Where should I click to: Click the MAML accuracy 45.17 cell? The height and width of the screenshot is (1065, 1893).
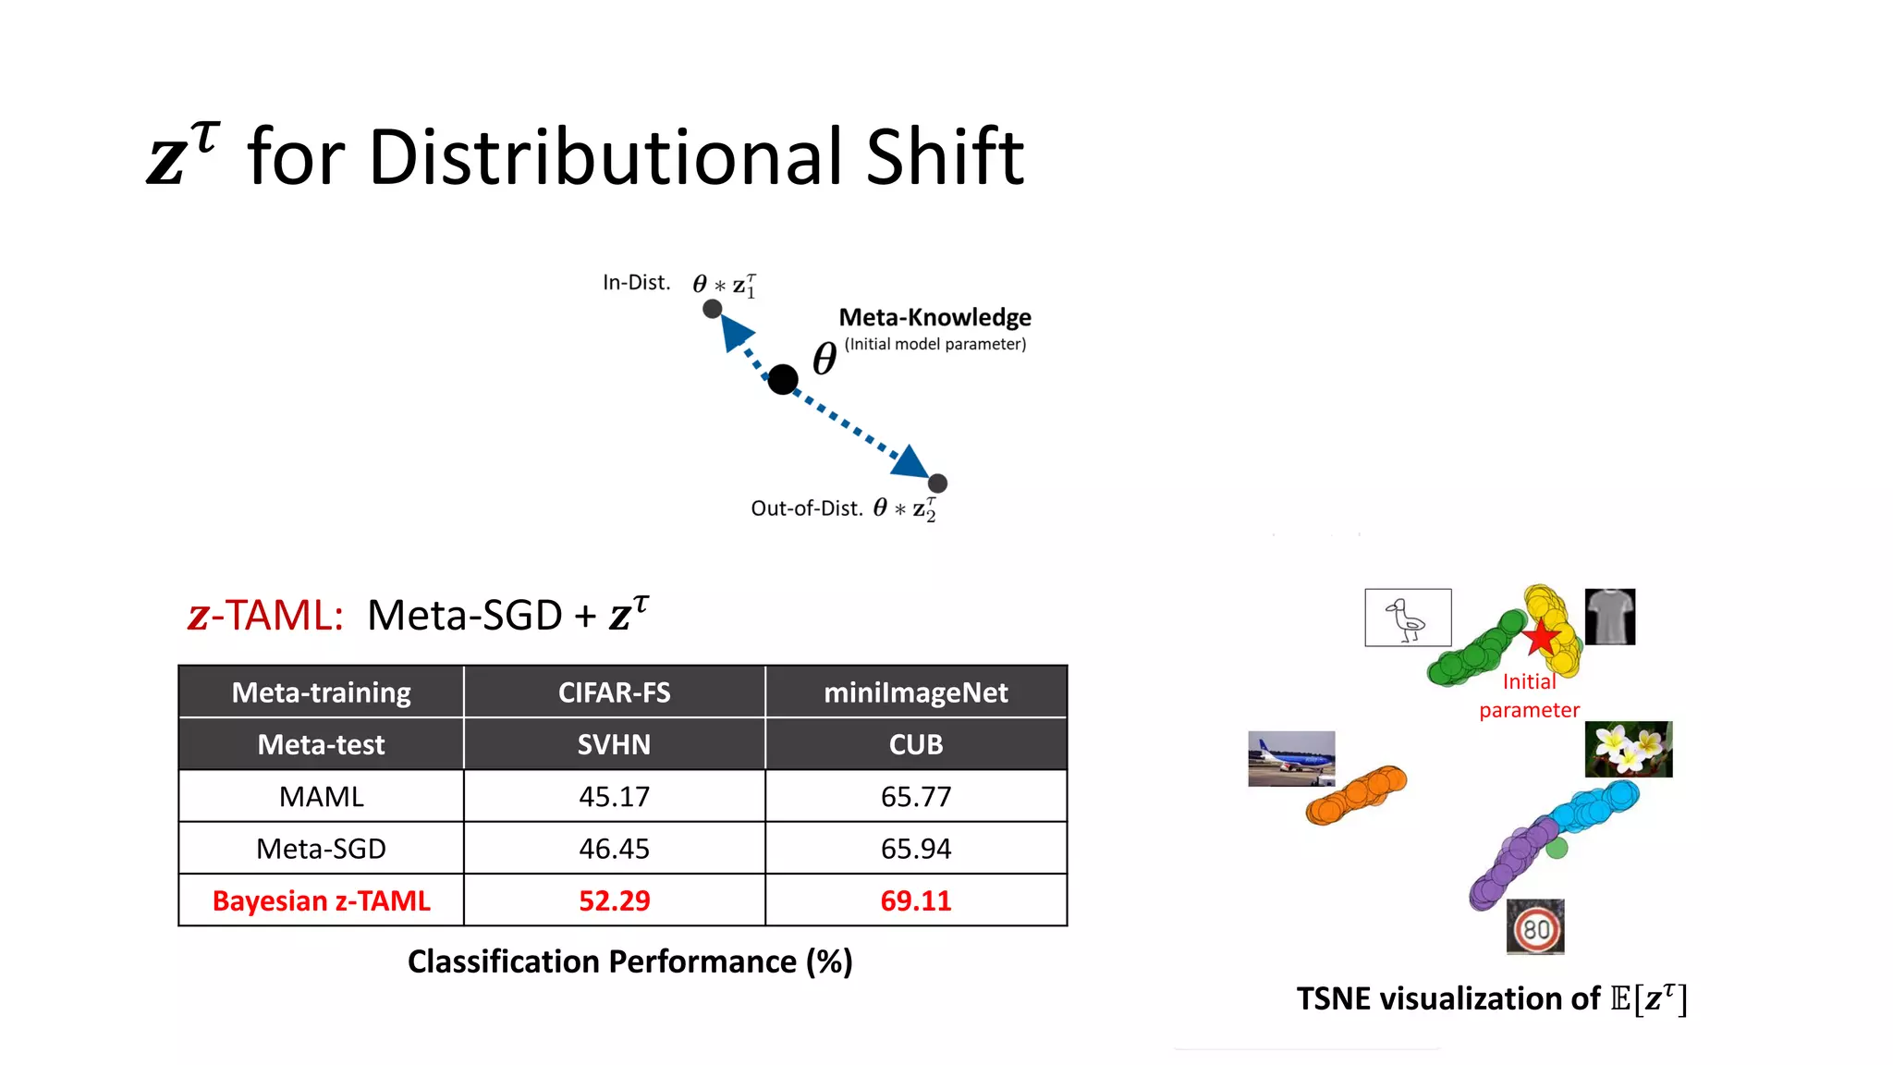click(614, 796)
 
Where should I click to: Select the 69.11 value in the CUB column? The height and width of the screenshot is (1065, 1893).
click(915, 900)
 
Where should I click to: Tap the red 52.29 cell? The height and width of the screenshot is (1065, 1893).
click(614, 900)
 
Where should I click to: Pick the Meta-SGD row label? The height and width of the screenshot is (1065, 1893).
click(321, 849)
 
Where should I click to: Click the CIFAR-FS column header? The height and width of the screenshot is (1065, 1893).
click(614, 692)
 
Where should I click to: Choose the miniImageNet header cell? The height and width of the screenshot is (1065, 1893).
click(915, 692)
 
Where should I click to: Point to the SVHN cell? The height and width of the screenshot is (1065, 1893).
click(614, 744)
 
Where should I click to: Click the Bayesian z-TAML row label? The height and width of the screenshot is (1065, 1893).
click(321, 900)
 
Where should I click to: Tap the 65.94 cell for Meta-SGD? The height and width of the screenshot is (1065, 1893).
click(915, 849)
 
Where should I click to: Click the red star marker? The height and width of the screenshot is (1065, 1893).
click(1541, 637)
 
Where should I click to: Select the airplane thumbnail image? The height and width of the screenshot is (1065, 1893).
click(1291, 758)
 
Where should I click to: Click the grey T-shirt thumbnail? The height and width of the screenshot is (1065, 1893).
click(1609, 617)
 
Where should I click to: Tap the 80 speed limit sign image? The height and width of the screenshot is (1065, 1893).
click(1535, 927)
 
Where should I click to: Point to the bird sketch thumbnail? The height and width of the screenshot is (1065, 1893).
click(1408, 618)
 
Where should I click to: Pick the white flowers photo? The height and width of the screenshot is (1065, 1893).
click(1628, 749)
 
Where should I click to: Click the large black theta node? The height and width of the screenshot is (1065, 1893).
click(783, 379)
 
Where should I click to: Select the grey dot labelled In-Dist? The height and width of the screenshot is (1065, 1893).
click(712, 309)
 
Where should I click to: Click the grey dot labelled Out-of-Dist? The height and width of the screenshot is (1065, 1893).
click(937, 483)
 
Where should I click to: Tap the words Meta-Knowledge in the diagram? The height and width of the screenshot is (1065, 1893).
click(934, 317)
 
